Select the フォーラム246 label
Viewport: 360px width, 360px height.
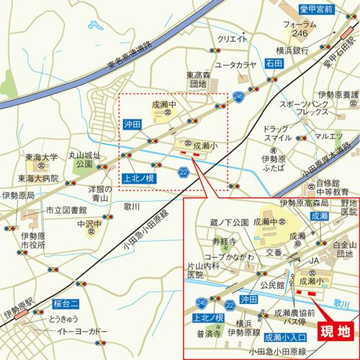tap(300, 30)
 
